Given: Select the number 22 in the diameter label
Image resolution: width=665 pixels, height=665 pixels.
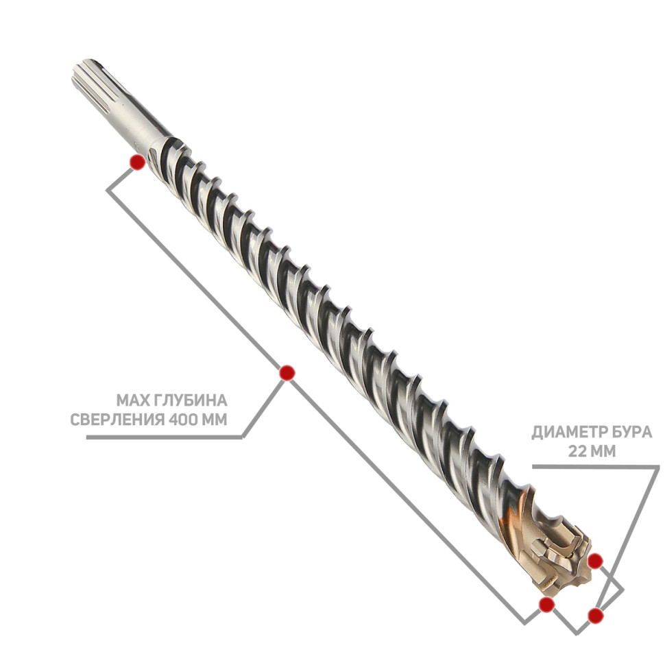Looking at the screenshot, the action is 577,451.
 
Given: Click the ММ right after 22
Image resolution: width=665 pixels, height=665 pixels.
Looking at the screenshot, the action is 602,451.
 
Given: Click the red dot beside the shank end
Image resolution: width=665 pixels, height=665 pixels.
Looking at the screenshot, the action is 137,162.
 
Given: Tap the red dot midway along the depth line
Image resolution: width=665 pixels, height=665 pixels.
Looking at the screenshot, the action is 287,373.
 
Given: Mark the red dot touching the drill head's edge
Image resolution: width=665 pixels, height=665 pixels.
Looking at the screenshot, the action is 596,561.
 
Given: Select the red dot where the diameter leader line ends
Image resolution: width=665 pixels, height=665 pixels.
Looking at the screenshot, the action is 596,615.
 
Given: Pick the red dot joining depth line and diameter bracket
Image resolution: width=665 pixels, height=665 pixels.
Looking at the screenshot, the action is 546,605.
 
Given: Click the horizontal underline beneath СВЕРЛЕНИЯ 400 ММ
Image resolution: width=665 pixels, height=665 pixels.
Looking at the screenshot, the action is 164,437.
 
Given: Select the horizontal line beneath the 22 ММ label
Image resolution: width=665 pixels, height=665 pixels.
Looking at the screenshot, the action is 596,466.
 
